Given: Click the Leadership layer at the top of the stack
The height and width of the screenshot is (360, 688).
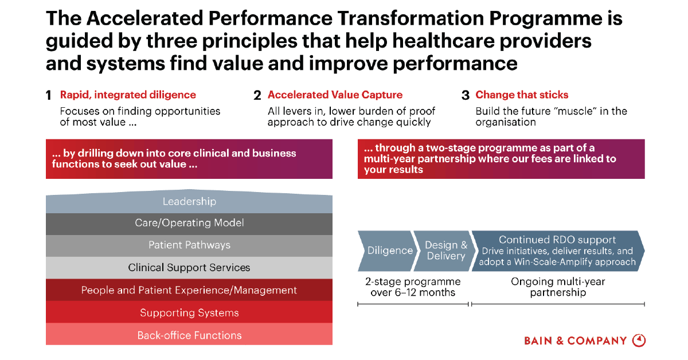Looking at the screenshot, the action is coord(189,202).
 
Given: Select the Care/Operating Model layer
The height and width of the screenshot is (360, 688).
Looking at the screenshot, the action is coord(189,224).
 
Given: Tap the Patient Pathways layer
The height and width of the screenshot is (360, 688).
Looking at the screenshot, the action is coord(189,246).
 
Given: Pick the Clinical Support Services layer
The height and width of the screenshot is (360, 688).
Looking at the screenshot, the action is coord(189,268).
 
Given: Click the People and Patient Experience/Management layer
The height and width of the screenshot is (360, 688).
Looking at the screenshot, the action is coord(189,289).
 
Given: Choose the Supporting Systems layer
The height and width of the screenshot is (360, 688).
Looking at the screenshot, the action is coord(189,312).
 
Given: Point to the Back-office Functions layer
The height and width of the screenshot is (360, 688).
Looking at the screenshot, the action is coord(189,334).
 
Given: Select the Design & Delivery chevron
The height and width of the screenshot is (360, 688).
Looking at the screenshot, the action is coord(445,251).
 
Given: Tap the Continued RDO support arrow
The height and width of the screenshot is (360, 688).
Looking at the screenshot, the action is coord(558,251).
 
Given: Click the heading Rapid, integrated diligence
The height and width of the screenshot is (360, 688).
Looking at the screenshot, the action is coord(128,95).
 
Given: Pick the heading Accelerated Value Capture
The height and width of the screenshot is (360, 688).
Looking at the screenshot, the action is coord(335,95).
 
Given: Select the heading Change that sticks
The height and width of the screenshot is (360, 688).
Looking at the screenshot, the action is coord(522,95).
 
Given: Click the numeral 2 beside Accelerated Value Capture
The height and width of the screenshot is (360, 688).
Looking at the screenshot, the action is coord(257,96).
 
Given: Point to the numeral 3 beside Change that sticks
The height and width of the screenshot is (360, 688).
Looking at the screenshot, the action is coord(466,96).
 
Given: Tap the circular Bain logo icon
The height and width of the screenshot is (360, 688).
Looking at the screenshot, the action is coord(639,341).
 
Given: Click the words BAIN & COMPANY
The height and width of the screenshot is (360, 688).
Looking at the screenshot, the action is coord(575,341).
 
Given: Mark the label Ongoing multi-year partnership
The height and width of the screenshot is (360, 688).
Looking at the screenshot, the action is coord(558,287).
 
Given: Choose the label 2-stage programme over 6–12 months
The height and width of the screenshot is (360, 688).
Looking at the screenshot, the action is coord(413,287).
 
